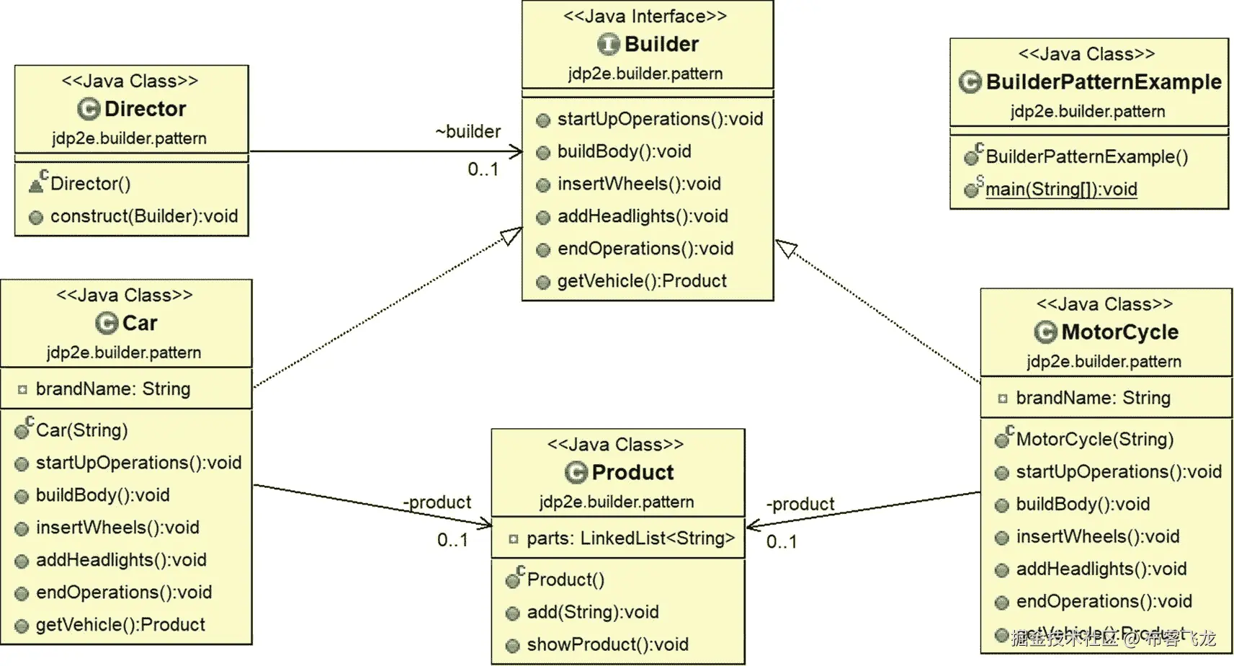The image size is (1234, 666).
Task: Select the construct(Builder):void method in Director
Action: pyautogui.click(x=143, y=216)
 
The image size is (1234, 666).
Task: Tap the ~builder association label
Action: pyautogui.click(x=468, y=132)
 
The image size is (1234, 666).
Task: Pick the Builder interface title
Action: pyautogui.click(x=661, y=45)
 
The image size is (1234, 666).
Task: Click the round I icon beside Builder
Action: pyautogui.click(x=609, y=45)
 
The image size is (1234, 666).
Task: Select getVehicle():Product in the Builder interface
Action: pyautogui.click(x=641, y=281)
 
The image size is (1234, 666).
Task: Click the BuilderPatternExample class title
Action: pyautogui.click(x=1103, y=82)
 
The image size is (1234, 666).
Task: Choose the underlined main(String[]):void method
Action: pyautogui.click(x=1060, y=190)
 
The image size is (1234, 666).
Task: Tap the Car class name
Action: pyautogui.click(x=139, y=323)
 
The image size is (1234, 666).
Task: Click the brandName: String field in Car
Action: pyautogui.click(x=112, y=389)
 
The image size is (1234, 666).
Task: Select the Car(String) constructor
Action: pyautogui.click(x=81, y=430)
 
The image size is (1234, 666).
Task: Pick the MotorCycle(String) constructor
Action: pyautogui.click(x=1094, y=439)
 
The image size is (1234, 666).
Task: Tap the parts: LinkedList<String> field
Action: pyautogui.click(x=630, y=538)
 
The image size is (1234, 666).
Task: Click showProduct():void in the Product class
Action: pyautogui.click(x=607, y=644)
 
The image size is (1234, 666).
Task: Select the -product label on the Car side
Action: pyautogui.click(x=437, y=502)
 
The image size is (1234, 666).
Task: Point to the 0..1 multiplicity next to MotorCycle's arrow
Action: pyautogui.click(x=782, y=542)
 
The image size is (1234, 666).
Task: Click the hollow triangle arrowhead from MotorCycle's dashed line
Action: pyautogui.click(x=786, y=249)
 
